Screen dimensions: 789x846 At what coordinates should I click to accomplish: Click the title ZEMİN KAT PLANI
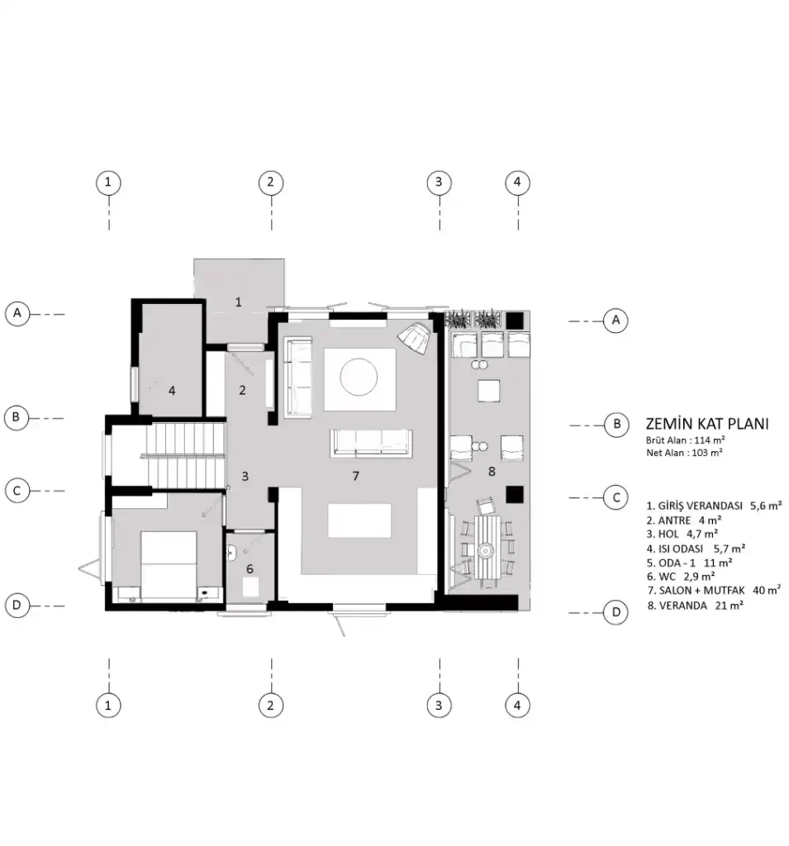pos(707,424)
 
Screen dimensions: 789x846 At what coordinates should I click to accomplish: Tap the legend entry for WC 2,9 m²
pos(681,577)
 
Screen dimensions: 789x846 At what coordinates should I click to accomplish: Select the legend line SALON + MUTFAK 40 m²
pos(714,591)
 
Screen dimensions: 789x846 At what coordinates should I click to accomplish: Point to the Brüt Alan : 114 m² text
pos(686,440)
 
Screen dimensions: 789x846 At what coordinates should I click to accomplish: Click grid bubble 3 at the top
pos(438,183)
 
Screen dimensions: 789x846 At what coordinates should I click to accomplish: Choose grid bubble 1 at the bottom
pos(108,706)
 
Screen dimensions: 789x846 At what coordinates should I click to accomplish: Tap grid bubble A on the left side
pos(17,313)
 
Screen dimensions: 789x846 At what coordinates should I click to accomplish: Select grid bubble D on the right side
pos(616,612)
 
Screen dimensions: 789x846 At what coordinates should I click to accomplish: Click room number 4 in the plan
pos(172,390)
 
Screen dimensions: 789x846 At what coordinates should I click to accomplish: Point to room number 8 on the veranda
pos(491,472)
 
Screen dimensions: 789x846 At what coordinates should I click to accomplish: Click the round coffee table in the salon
pos(359,377)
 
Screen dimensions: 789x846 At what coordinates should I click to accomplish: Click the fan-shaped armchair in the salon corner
pos(415,337)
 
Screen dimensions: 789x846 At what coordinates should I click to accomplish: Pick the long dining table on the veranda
pos(487,547)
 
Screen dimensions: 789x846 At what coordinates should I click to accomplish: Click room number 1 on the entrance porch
pos(238,302)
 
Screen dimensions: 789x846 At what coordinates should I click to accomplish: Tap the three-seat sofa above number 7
pos(372,443)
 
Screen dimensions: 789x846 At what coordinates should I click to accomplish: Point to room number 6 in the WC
pos(250,568)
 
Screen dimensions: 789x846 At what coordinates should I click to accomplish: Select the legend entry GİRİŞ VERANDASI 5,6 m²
pos(714,506)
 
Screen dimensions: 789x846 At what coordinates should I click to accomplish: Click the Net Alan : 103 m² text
pos(684,454)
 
